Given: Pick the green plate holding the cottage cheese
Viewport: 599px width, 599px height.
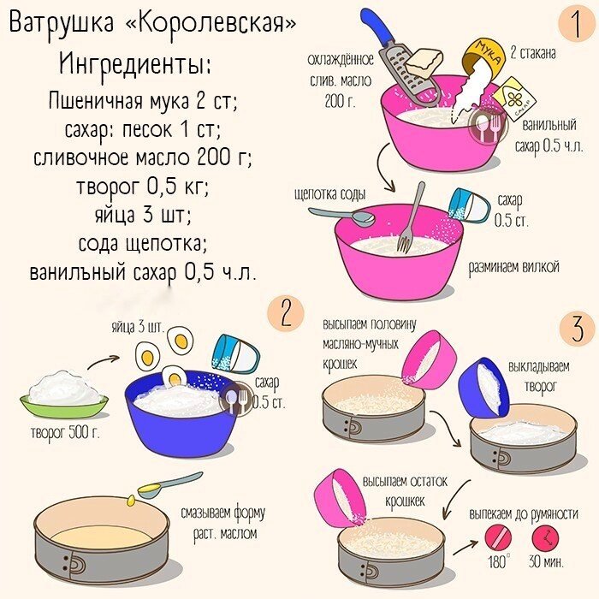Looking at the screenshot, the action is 64,400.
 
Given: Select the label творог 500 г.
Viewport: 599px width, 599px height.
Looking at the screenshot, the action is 64,432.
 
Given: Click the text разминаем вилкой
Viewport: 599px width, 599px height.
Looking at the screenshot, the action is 513,267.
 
